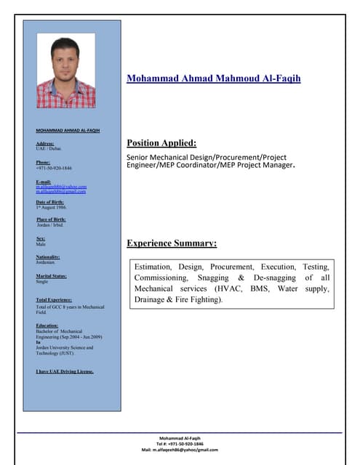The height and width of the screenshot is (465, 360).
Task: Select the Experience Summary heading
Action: pos(172,243)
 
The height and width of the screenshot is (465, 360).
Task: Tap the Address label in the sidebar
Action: pos(45,144)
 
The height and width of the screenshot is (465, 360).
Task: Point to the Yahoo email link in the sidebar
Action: pos(61,187)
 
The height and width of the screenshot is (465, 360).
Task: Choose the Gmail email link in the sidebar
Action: pos(61,191)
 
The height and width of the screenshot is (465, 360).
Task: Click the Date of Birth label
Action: pos(51,201)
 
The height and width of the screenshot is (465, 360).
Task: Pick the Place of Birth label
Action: pos(51,219)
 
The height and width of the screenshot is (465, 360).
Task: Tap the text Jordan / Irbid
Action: pos(50,225)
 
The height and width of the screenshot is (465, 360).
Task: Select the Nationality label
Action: pos(48,257)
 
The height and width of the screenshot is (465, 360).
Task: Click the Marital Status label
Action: pos(52,276)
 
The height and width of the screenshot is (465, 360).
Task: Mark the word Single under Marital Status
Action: pos(42,282)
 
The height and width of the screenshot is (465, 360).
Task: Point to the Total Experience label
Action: pos(54,300)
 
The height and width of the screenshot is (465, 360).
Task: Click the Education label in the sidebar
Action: pos(47,325)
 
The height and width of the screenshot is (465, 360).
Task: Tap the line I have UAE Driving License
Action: pos(65,371)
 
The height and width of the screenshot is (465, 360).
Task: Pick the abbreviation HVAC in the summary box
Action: pos(227,288)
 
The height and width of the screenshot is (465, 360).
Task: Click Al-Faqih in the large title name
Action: pos(277,78)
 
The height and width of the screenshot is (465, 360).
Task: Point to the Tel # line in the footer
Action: pos(180,444)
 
